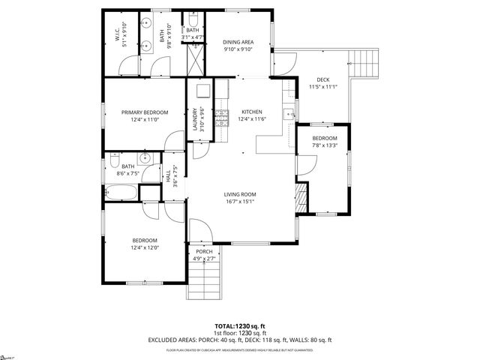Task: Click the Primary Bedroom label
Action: coord(145,112)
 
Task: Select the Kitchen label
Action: coord(252,110)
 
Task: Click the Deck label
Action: coord(323,79)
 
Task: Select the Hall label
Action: coord(166,178)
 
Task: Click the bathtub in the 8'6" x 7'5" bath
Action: coord(121,193)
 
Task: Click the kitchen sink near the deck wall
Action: coord(288,115)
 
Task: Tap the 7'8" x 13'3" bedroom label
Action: coord(325,139)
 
